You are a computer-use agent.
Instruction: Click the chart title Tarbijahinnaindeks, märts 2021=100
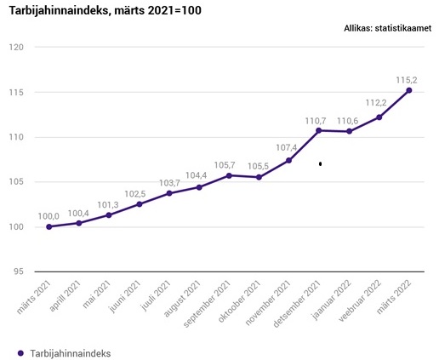point(105,11)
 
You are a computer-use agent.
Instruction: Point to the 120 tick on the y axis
point(15,47)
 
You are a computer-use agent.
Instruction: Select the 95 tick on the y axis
point(18,271)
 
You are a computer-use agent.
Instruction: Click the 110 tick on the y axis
point(15,137)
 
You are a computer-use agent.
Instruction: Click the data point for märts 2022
point(409,90)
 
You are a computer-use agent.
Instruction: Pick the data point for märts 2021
point(49,226)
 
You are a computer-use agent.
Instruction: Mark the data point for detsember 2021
point(319,130)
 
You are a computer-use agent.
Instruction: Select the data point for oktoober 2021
point(259,177)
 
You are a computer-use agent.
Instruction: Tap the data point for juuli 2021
point(169,193)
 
